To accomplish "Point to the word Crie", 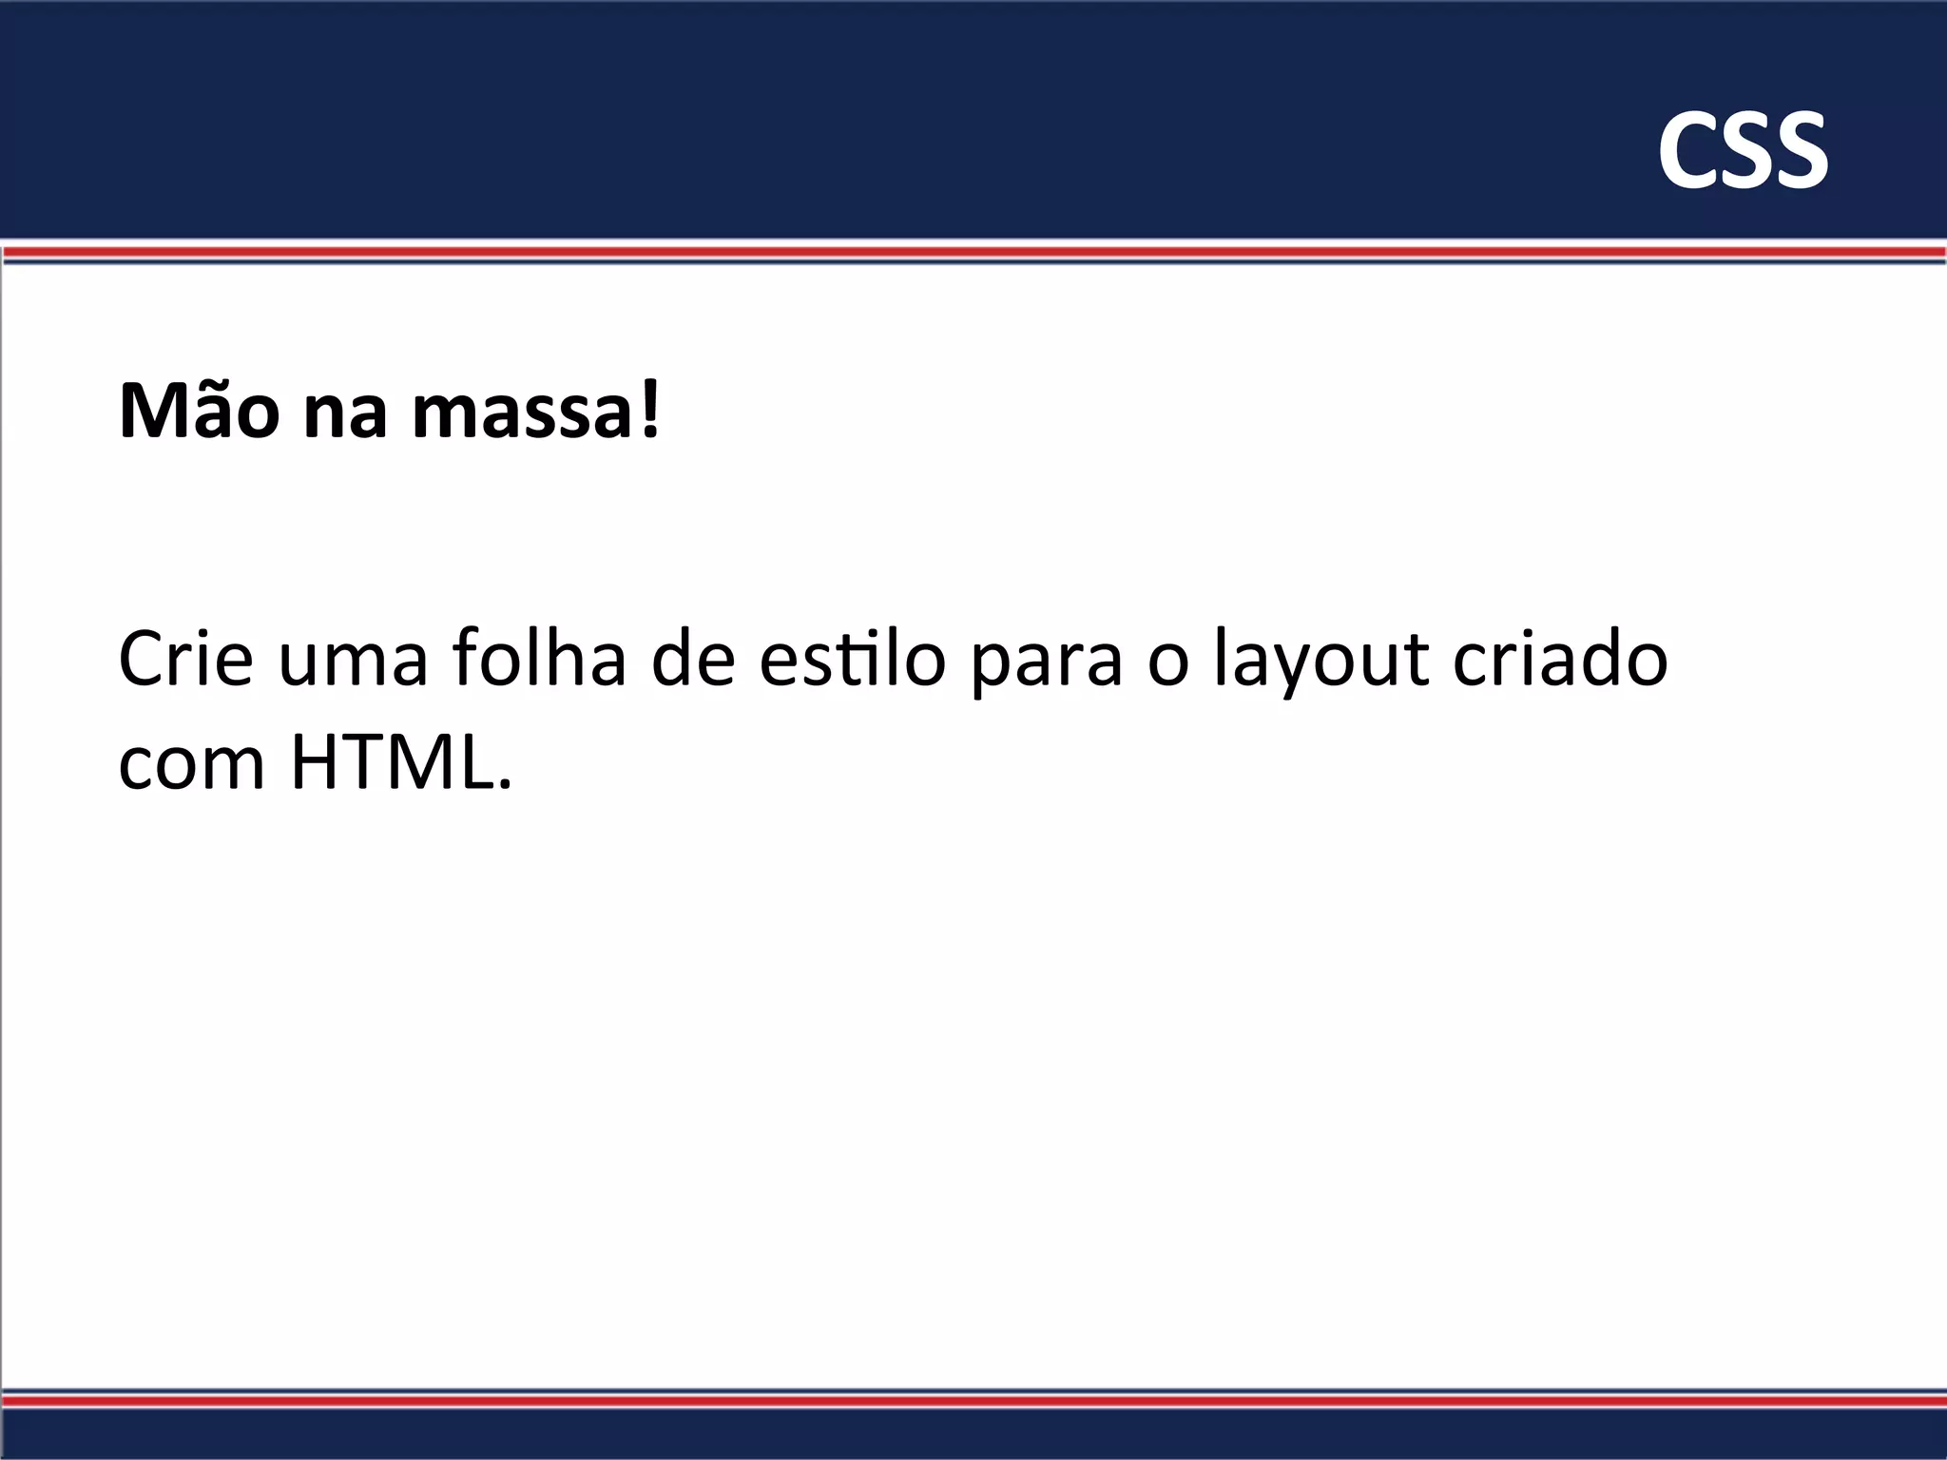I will (x=186, y=658).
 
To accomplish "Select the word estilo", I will (x=852, y=658).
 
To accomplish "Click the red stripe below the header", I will (x=973, y=252).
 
